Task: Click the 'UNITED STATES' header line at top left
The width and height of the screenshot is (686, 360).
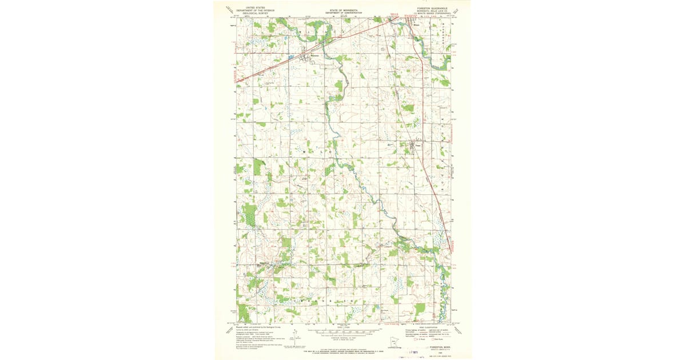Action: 256,8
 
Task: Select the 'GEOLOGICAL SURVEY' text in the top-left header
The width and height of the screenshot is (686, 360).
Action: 256,13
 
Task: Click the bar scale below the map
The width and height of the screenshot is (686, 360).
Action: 343,331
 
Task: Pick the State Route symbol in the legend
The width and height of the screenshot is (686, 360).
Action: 433,339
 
